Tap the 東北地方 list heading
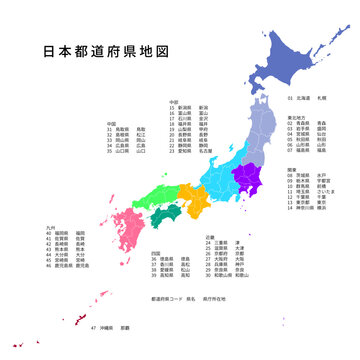click(299, 117)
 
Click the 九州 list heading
click(50, 228)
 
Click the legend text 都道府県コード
click(168, 298)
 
